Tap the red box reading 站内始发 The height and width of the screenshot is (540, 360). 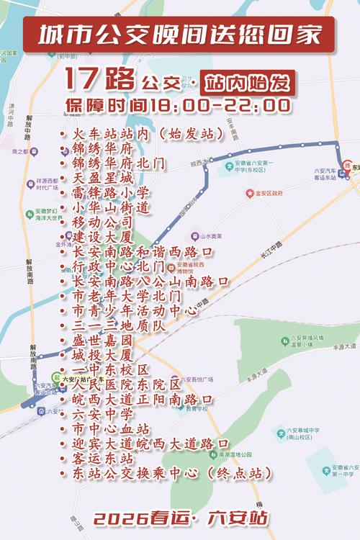coord(248,81)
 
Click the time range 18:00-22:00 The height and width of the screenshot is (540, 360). coord(216,105)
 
